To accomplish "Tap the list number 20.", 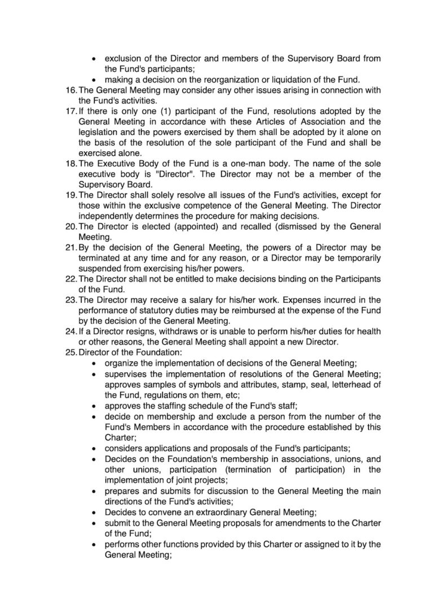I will click(72, 226).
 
